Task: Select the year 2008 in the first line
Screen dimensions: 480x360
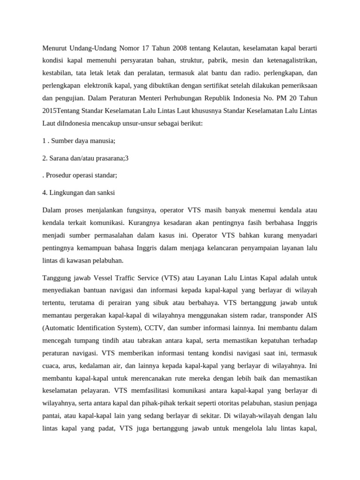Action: tap(169, 48)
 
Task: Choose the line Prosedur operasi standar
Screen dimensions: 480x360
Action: tap(81, 175)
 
